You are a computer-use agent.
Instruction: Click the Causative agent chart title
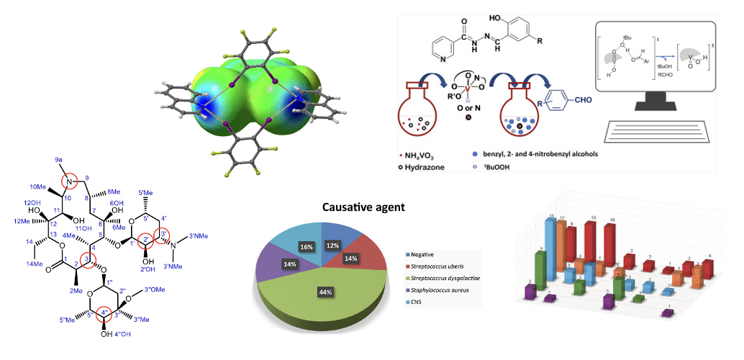pos(363,207)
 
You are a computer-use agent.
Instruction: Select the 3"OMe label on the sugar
pos(156,290)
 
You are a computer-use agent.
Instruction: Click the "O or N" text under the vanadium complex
pos(470,105)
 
